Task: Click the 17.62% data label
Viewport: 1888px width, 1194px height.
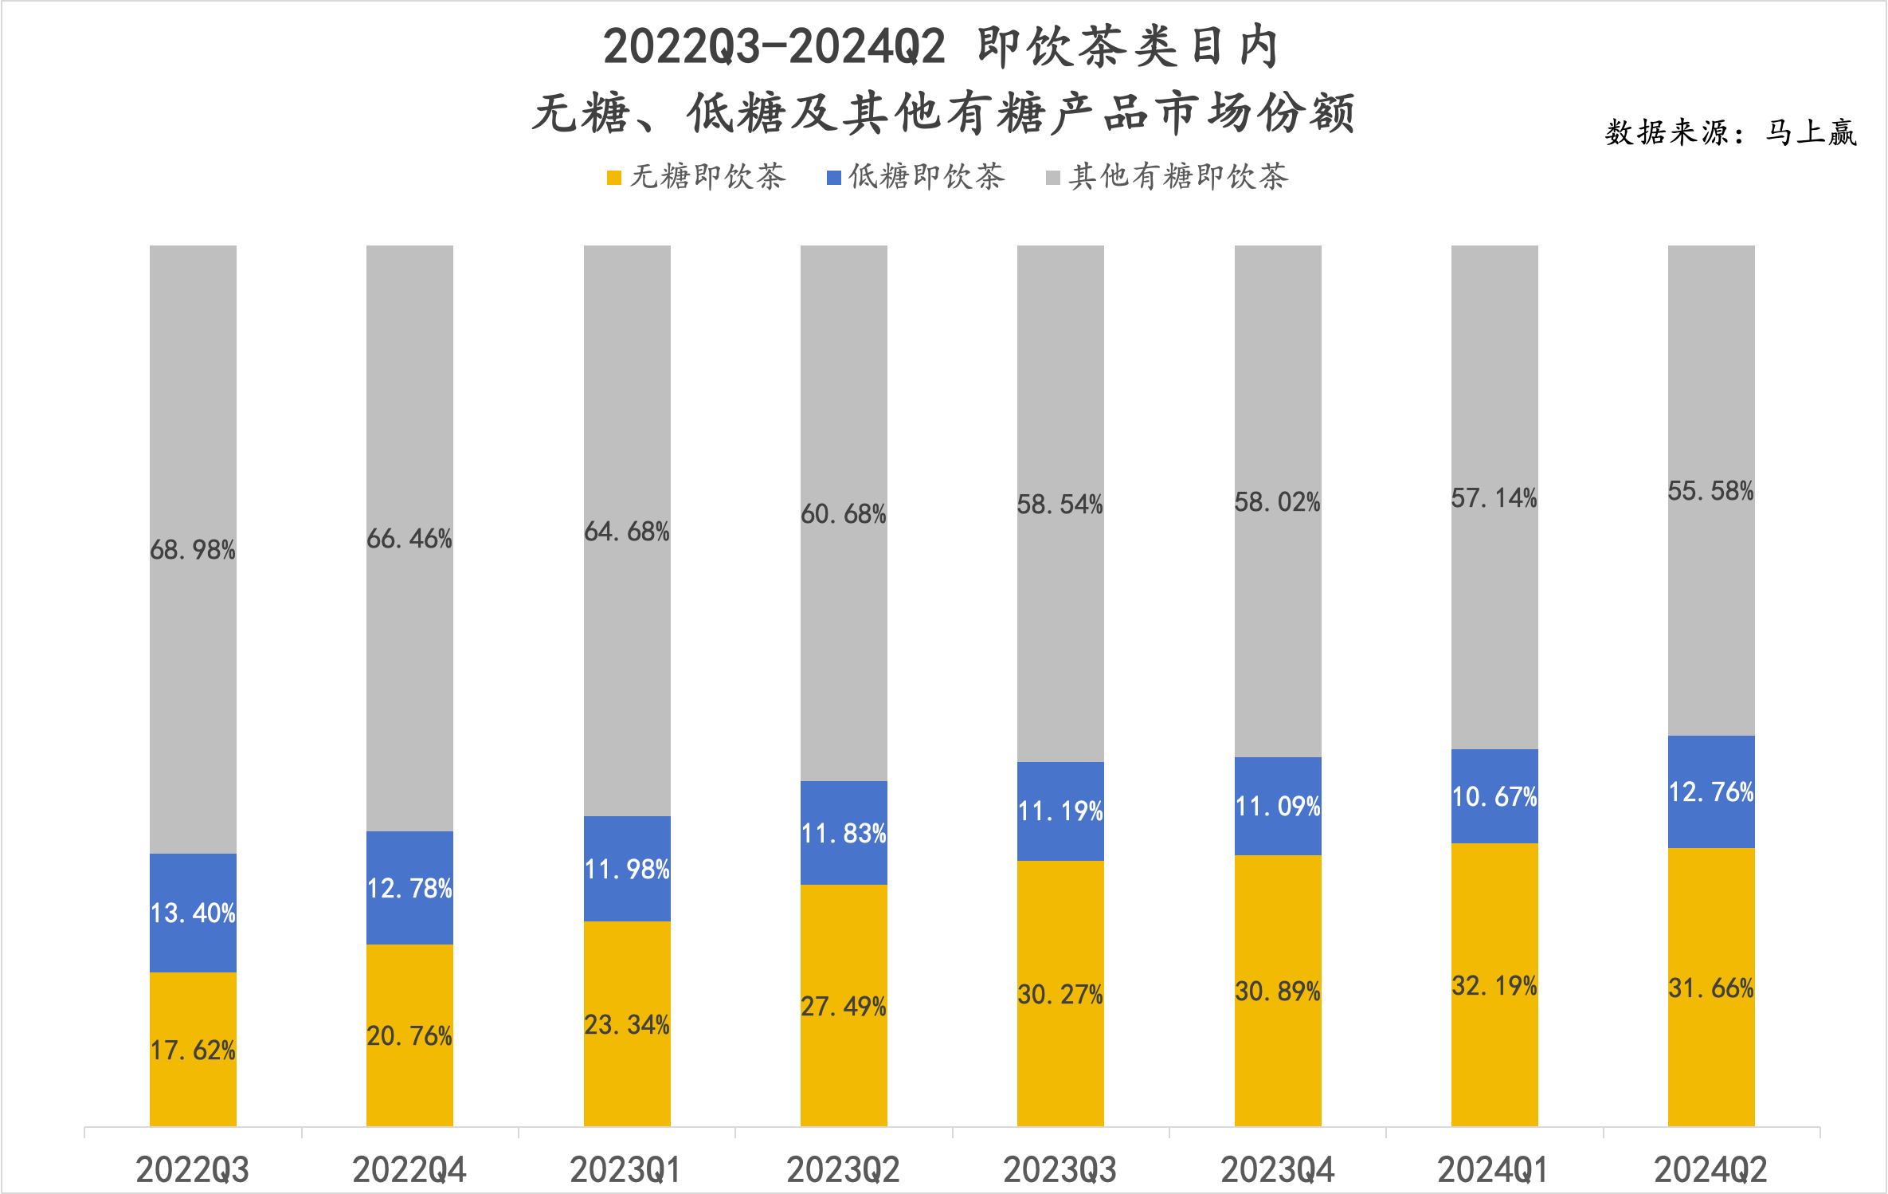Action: (x=193, y=1051)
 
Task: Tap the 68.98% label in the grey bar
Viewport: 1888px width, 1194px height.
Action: (x=193, y=550)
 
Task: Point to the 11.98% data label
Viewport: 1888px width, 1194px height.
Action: (x=627, y=869)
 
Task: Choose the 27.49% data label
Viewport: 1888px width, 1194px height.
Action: (x=844, y=1007)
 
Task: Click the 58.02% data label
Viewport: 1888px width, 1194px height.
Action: (x=1278, y=502)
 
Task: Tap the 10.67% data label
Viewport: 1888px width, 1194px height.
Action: (x=1494, y=797)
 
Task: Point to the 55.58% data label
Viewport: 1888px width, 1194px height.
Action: (x=1711, y=491)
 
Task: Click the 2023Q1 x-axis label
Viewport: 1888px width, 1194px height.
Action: (x=626, y=1170)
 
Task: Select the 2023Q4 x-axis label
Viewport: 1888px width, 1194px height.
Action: (x=1277, y=1170)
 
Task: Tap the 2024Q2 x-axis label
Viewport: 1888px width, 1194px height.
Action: (x=1710, y=1170)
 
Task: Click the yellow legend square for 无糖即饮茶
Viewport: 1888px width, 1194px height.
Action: (x=613, y=178)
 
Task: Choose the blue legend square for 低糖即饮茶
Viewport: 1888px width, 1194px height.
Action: (x=833, y=178)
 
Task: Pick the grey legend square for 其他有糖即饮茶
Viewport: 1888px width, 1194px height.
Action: (x=1052, y=178)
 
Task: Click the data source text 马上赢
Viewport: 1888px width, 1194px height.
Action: (x=1811, y=132)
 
